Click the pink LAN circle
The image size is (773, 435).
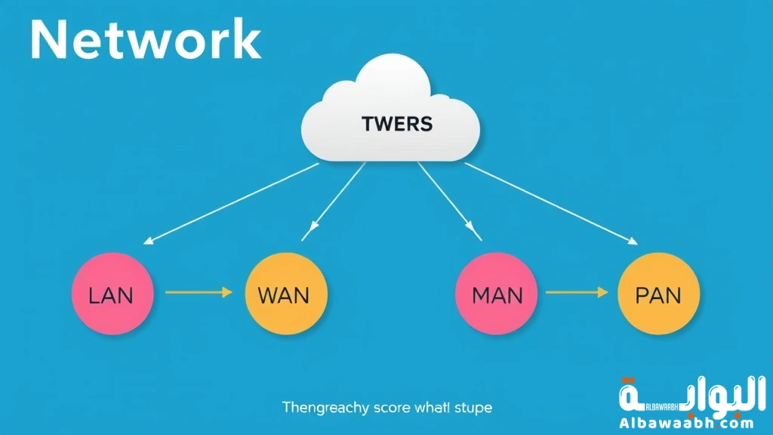click(x=112, y=294)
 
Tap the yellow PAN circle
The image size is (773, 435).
click(x=658, y=294)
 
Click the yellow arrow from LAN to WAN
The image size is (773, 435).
click(x=198, y=292)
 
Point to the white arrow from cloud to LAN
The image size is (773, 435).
click(x=230, y=204)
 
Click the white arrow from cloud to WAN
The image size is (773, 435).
click(x=335, y=200)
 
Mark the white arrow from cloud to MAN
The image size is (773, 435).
click(x=449, y=200)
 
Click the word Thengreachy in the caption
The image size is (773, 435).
click(x=325, y=408)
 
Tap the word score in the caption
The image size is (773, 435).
click(x=393, y=408)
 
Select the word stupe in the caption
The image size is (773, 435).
click(x=474, y=408)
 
